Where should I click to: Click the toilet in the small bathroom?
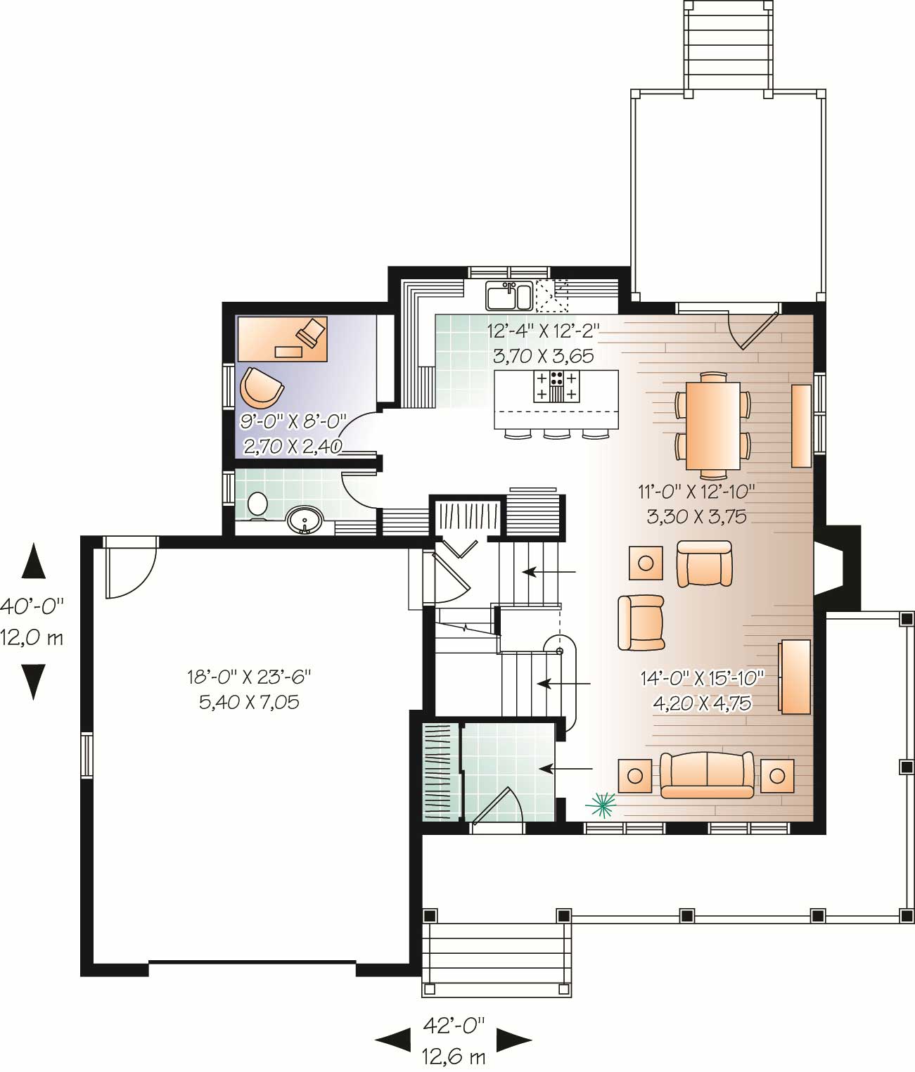click(257, 505)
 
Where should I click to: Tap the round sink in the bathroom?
click(305, 521)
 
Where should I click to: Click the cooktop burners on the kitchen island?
click(557, 385)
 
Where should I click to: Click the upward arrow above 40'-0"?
click(33, 562)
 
